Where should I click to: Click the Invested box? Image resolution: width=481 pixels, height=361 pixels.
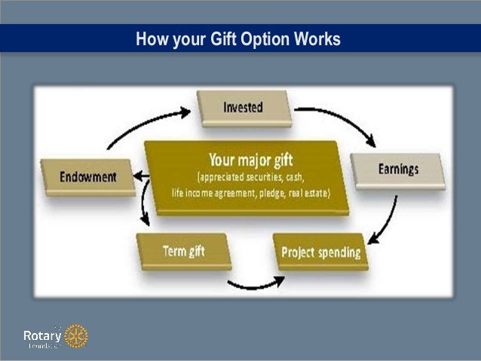tap(243, 107)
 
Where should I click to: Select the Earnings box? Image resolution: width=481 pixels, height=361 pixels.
tap(397, 169)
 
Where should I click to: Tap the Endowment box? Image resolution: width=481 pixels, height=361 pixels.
tap(88, 177)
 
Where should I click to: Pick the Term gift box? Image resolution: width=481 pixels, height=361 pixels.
tap(183, 250)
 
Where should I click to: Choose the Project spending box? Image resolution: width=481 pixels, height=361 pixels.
tap(320, 252)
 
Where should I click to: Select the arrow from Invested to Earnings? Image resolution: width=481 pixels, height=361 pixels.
tap(339, 121)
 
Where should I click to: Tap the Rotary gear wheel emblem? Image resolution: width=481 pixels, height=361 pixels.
tap(75, 336)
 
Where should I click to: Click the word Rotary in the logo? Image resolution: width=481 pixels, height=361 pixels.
tap(41, 335)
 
